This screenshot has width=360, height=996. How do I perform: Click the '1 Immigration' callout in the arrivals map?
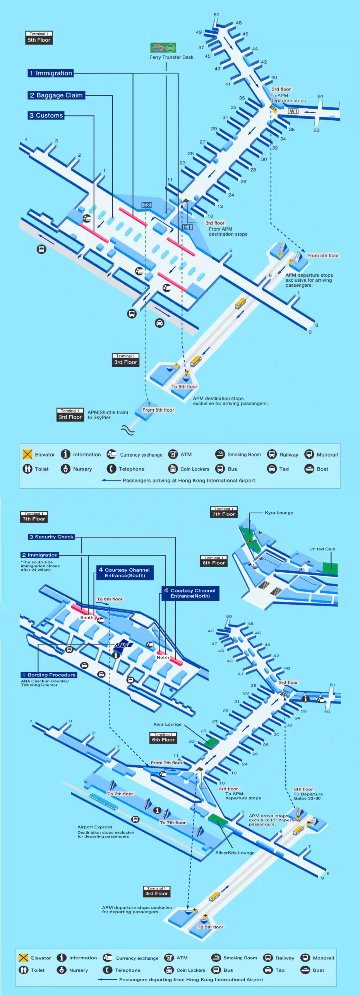pyautogui.click(x=50, y=73)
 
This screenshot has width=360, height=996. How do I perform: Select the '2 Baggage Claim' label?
pyautogui.click(x=56, y=95)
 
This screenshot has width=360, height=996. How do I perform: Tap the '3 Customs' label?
pyautogui.click(x=46, y=115)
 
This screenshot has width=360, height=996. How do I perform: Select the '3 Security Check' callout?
pyautogui.click(x=51, y=537)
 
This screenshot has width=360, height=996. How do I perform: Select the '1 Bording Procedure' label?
pyautogui.click(x=49, y=675)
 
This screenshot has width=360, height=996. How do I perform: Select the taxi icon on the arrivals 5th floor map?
pyautogui.click(x=159, y=323)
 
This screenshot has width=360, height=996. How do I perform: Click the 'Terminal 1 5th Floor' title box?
pyautogui.click(x=39, y=38)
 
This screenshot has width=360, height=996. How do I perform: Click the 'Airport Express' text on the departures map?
pyautogui.click(x=95, y=827)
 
